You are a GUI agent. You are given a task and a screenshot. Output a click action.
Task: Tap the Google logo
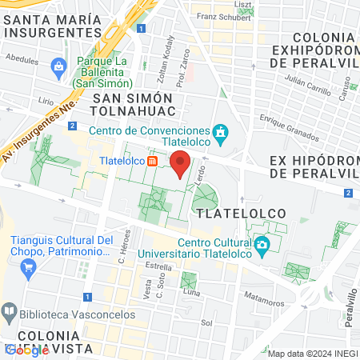[26, 349]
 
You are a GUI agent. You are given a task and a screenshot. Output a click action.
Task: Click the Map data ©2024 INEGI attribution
[312, 354]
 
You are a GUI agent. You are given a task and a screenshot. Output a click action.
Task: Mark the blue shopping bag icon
[58, 66]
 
